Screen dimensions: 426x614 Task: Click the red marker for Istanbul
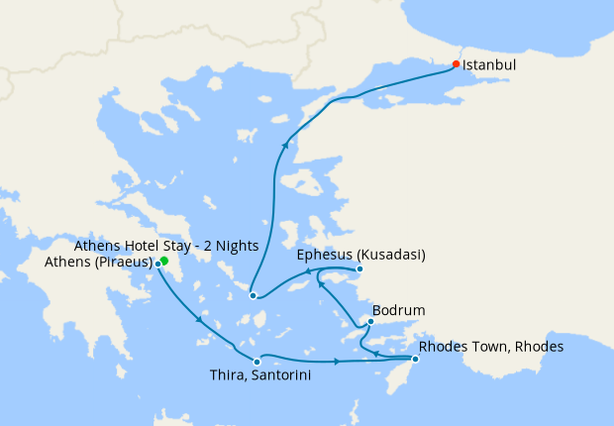tap(456, 64)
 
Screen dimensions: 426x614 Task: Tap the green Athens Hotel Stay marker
tap(164, 262)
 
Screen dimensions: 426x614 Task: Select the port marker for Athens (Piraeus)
tap(158, 264)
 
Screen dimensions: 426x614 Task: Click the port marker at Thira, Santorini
tap(256, 361)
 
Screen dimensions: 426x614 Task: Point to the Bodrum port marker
tap(370, 321)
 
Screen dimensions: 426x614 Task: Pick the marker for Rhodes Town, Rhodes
tap(415, 359)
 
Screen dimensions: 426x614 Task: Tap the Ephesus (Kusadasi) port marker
tap(359, 268)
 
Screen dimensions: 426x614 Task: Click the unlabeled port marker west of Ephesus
tap(254, 295)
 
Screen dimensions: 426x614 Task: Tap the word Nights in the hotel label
tap(238, 246)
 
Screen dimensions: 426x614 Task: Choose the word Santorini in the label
tap(267, 375)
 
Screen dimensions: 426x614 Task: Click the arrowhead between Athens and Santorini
tap(201, 320)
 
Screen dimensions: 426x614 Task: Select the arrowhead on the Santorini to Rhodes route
tap(339, 361)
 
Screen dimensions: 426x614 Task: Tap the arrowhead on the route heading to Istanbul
tap(285, 146)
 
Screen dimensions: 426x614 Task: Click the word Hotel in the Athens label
tap(138, 246)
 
